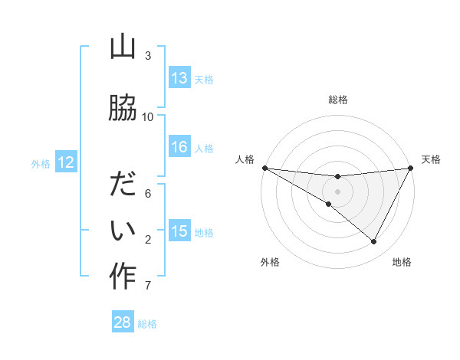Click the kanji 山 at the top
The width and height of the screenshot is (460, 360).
click(123, 48)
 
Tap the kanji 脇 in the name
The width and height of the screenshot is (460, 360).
click(123, 108)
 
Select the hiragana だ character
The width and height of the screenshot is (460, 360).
click(123, 185)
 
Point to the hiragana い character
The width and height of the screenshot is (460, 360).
click(123, 231)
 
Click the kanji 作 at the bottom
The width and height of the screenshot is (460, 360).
click(123, 277)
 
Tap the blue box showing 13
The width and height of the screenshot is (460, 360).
click(179, 78)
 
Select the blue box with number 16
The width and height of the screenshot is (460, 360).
click(179, 147)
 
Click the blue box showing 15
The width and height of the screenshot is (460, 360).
click(179, 231)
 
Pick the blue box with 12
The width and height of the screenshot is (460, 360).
click(65, 162)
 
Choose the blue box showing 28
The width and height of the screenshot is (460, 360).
click(123, 322)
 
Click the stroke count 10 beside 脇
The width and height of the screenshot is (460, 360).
click(148, 116)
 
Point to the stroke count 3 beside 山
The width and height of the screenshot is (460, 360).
click(148, 55)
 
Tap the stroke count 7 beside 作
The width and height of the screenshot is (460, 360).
click(147, 286)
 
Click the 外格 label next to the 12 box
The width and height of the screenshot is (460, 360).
click(41, 163)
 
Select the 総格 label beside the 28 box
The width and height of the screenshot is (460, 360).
click(147, 323)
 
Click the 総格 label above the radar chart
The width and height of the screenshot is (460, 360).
click(337, 100)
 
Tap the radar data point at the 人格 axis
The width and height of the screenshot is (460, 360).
click(264, 168)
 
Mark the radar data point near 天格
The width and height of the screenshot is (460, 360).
click(410, 169)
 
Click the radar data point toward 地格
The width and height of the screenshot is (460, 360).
click(373, 242)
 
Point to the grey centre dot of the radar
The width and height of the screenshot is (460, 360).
click(337, 191)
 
